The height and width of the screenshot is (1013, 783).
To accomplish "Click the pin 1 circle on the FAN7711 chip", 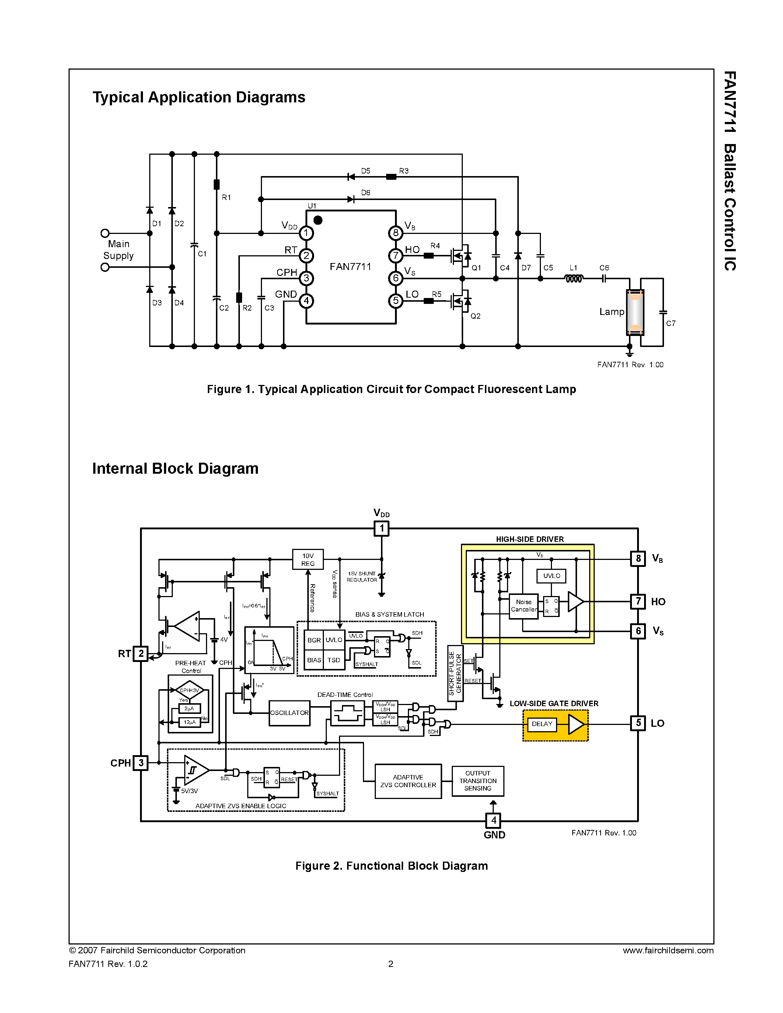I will [x=306, y=233].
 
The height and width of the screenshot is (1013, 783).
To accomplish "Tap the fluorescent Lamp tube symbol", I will [x=635, y=312].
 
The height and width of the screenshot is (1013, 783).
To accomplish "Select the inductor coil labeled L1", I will [x=573, y=278].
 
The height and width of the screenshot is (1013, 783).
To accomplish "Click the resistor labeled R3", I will [x=391, y=177].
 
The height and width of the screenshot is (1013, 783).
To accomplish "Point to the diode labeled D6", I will [x=351, y=199].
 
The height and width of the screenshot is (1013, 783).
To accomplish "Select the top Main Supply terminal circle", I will [x=105, y=233].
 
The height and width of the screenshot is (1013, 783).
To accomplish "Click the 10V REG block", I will [x=308, y=560].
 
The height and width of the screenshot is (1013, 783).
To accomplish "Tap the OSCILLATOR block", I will [x=289, y=713].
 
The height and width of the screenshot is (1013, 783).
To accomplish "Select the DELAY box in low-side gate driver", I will [x=542, y=724].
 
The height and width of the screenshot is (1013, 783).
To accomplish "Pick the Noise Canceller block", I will [x=524, y=606].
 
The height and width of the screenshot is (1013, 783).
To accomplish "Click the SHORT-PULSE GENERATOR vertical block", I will [x=455, y=673].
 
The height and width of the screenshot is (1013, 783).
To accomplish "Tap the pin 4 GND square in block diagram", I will [x=493, y=820].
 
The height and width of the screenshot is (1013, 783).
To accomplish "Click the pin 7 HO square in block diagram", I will [x=638, y=602].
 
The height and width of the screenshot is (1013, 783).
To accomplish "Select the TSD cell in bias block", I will [x=333, y=660].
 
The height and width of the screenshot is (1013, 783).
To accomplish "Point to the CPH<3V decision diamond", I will [x=189, y=690].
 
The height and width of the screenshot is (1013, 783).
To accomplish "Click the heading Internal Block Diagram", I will [x=175, y=469].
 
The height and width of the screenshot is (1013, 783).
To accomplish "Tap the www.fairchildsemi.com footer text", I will [x=668, y=950].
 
